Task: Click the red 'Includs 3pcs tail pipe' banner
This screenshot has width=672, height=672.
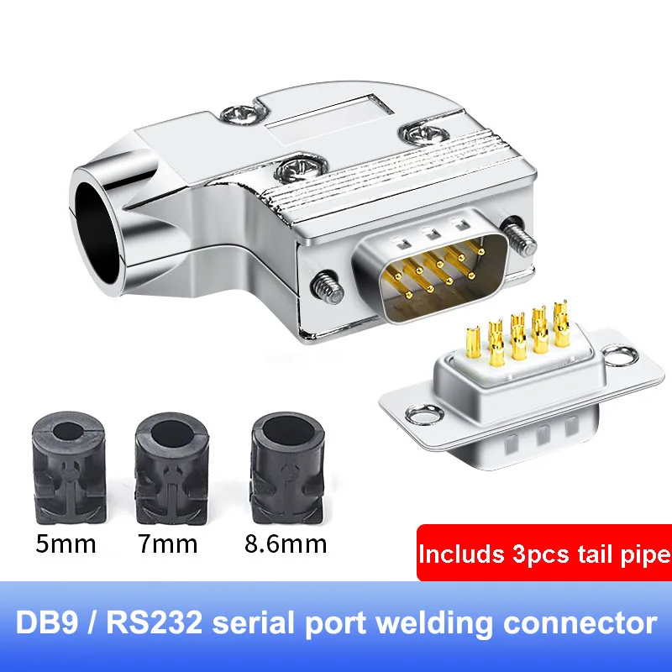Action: tap(544, 554)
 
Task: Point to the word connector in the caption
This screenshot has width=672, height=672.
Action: tap(586, 624)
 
